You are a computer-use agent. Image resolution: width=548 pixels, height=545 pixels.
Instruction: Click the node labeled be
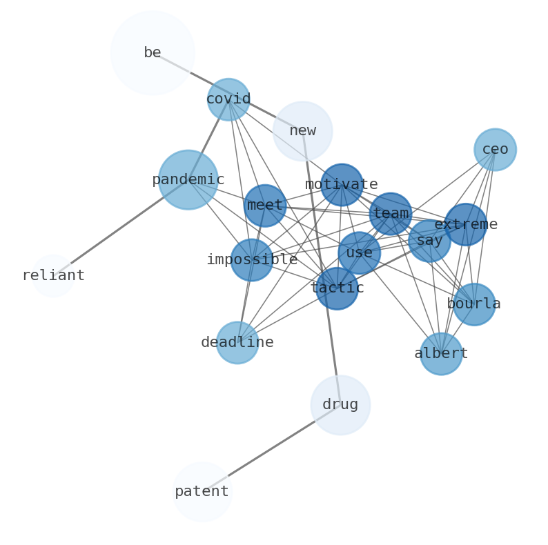tap(153, 52)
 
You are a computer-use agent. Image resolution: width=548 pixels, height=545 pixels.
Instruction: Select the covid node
tap(228, 99)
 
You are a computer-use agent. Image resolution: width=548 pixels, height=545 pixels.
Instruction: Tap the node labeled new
tap(302, 131)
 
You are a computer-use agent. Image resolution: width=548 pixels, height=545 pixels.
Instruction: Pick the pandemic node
tap(188, 180)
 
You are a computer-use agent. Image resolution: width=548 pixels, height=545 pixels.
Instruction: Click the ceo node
tap(495, 150)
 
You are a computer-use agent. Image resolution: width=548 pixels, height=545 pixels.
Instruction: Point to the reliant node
tap(53, 276)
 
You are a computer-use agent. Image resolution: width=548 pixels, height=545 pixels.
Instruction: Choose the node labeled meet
tap(265, 206)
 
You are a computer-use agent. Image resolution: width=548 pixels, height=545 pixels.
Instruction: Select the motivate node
tap(342, 185)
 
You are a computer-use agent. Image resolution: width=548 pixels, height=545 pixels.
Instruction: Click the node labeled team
tap(391, 214)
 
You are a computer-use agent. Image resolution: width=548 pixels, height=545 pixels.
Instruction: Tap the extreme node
tap(466, 224)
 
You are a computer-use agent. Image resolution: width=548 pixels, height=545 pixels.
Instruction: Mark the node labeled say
tap(429, 241)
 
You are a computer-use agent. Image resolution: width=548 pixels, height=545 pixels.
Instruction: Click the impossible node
tap(252, 260)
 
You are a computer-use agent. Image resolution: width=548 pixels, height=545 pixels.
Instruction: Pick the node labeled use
tap(359, 253)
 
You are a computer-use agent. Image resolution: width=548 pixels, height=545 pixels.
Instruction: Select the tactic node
tap(337, 288)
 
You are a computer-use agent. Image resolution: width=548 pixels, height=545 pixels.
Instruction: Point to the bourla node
tap(474, 304)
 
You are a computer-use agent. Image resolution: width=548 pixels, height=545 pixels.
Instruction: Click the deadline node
tap(237, 343)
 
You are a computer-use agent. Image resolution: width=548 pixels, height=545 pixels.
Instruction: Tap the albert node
tap(441, 354)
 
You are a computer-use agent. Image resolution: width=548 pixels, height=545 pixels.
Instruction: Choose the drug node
tap(340, 405)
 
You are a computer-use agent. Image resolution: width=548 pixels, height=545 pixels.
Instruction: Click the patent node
tap(202, 492)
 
